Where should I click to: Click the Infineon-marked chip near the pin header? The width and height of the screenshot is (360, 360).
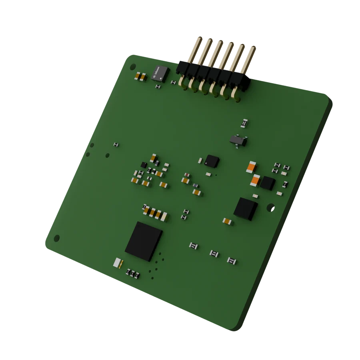161,72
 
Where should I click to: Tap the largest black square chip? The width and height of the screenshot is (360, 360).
143,241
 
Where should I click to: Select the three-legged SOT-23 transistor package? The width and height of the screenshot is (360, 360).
238,140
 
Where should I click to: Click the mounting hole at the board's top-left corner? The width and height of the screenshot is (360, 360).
133,66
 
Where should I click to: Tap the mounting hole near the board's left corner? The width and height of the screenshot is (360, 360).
57,238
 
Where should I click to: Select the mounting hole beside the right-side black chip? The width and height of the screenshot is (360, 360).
270,207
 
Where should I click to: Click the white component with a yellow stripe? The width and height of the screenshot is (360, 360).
118,262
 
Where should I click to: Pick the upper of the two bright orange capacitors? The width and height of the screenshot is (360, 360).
251,167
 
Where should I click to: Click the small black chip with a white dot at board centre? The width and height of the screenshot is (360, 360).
212,161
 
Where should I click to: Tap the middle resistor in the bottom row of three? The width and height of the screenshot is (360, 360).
214,253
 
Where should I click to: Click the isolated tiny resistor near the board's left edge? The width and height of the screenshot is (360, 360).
116,144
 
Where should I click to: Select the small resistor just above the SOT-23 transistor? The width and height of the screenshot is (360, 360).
245,123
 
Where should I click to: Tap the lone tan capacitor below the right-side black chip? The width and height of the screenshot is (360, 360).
227,221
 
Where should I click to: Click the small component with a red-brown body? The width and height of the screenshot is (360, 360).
187,175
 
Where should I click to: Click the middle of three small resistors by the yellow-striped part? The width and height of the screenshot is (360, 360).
132,274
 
